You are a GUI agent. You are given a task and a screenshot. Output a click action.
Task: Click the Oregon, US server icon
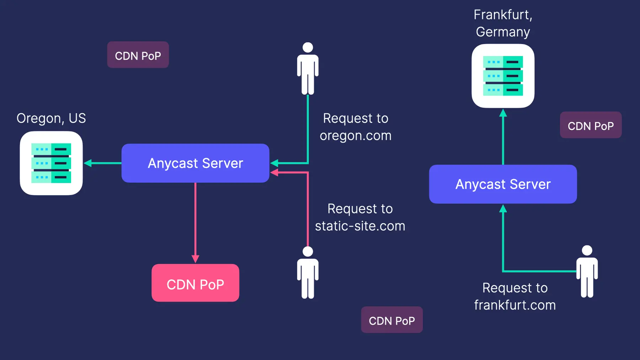pos(51,163)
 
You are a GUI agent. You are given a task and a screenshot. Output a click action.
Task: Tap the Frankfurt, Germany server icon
pos(503,76)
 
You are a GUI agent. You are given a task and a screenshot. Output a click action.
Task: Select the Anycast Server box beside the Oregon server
pos(195,163)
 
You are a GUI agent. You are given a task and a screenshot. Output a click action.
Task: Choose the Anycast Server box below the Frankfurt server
pos(503,184)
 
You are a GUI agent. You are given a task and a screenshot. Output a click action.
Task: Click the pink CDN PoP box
pos(195,283)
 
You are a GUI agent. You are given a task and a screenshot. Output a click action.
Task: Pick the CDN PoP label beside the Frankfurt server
pos(591,125)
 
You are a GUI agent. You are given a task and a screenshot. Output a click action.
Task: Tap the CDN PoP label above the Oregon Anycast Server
pos(138,55)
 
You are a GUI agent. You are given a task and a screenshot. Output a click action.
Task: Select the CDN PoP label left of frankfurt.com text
pos(392,320)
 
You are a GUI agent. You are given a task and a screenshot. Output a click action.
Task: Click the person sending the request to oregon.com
pos(308,69)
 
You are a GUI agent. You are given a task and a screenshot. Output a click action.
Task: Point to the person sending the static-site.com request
pos(308,273)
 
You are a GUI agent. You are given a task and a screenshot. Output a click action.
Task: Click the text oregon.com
pos(356,136)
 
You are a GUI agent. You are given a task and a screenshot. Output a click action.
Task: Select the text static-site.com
pos(360,226)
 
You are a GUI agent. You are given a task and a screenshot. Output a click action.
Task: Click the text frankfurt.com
pos(514,305)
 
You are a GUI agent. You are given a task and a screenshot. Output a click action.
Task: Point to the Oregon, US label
pos(51,118)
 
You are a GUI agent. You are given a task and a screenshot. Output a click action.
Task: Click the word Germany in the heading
pos(503,32)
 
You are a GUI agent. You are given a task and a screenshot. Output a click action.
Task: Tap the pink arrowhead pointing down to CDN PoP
pos(195,259)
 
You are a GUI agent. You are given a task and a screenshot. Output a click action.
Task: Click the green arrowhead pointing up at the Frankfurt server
pos(503,113)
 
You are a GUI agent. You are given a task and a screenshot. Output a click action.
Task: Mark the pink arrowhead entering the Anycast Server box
pos(274,173)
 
